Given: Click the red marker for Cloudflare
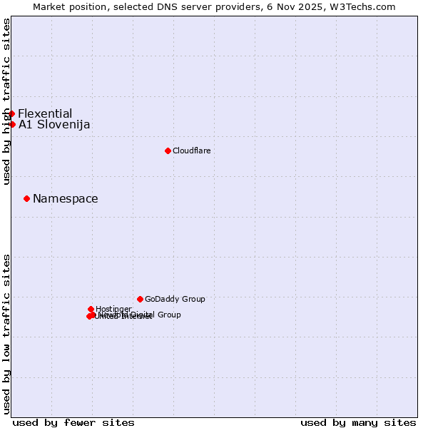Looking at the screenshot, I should pos(168,151).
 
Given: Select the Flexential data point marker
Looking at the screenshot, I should pos(11,113).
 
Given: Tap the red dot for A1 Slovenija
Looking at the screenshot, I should pos(12,124).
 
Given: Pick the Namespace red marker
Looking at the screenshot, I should pos(26,198).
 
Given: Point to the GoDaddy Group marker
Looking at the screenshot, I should pos(140,299).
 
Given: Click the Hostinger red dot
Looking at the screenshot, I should pos(91,309).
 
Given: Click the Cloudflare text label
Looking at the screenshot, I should pos(191,151).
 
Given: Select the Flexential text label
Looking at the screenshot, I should pos(45,113).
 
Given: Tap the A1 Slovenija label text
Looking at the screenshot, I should pos(54,125).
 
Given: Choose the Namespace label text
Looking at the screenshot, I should pos(66,199).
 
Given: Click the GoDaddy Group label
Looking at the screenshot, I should pos(175,299).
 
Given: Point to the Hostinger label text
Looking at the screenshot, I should pos(113,309).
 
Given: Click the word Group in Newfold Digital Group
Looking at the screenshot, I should pos(169,315).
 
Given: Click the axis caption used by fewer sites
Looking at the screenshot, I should pos(73,422).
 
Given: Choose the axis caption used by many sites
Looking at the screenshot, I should pos(358,422).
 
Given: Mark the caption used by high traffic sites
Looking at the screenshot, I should pos(7,101).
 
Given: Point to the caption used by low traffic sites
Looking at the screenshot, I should pos(7,333).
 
